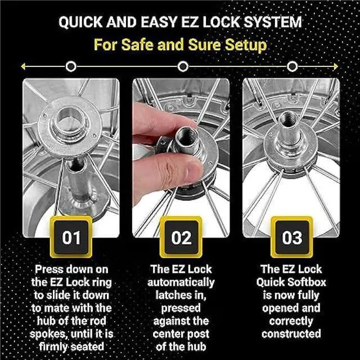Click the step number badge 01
pos(71,237)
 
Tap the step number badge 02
pos(181,237)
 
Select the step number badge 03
pos(291,237)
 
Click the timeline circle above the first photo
pos(71,67)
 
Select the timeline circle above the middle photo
pos(182,67)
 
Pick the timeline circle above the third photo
pos(291,67)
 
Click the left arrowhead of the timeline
pos(24,67)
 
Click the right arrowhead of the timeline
pos(336,67)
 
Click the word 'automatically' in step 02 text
pos(181,282)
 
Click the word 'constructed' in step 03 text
pos(291,335)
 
